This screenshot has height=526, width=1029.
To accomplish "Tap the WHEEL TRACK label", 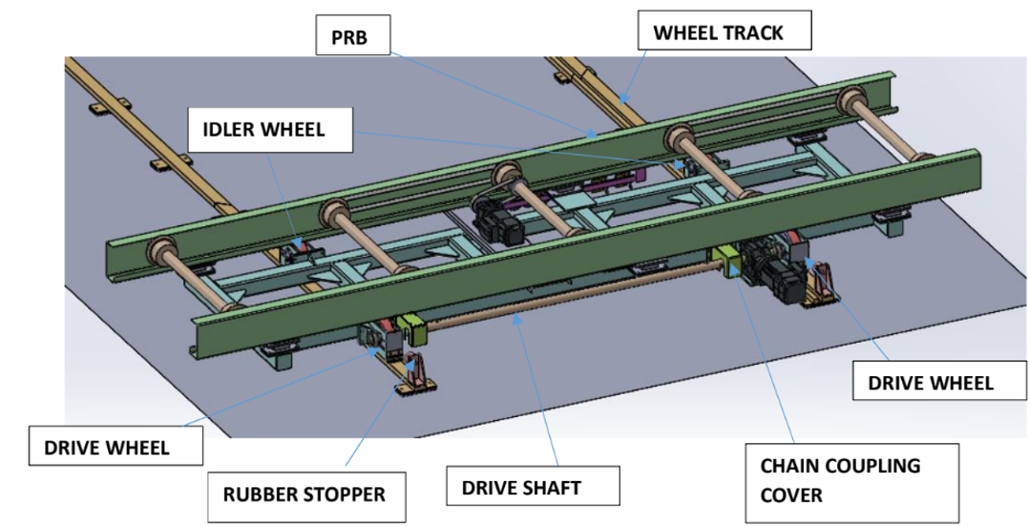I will coord(717,32).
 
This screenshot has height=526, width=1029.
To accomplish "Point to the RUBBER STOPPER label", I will coord(304,494).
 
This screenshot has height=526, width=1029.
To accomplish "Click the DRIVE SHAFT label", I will coord(520,488).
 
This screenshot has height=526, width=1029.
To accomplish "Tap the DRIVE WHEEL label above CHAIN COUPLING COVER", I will coord(931,383).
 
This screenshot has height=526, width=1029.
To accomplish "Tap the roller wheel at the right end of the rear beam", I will coord(850,103).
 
